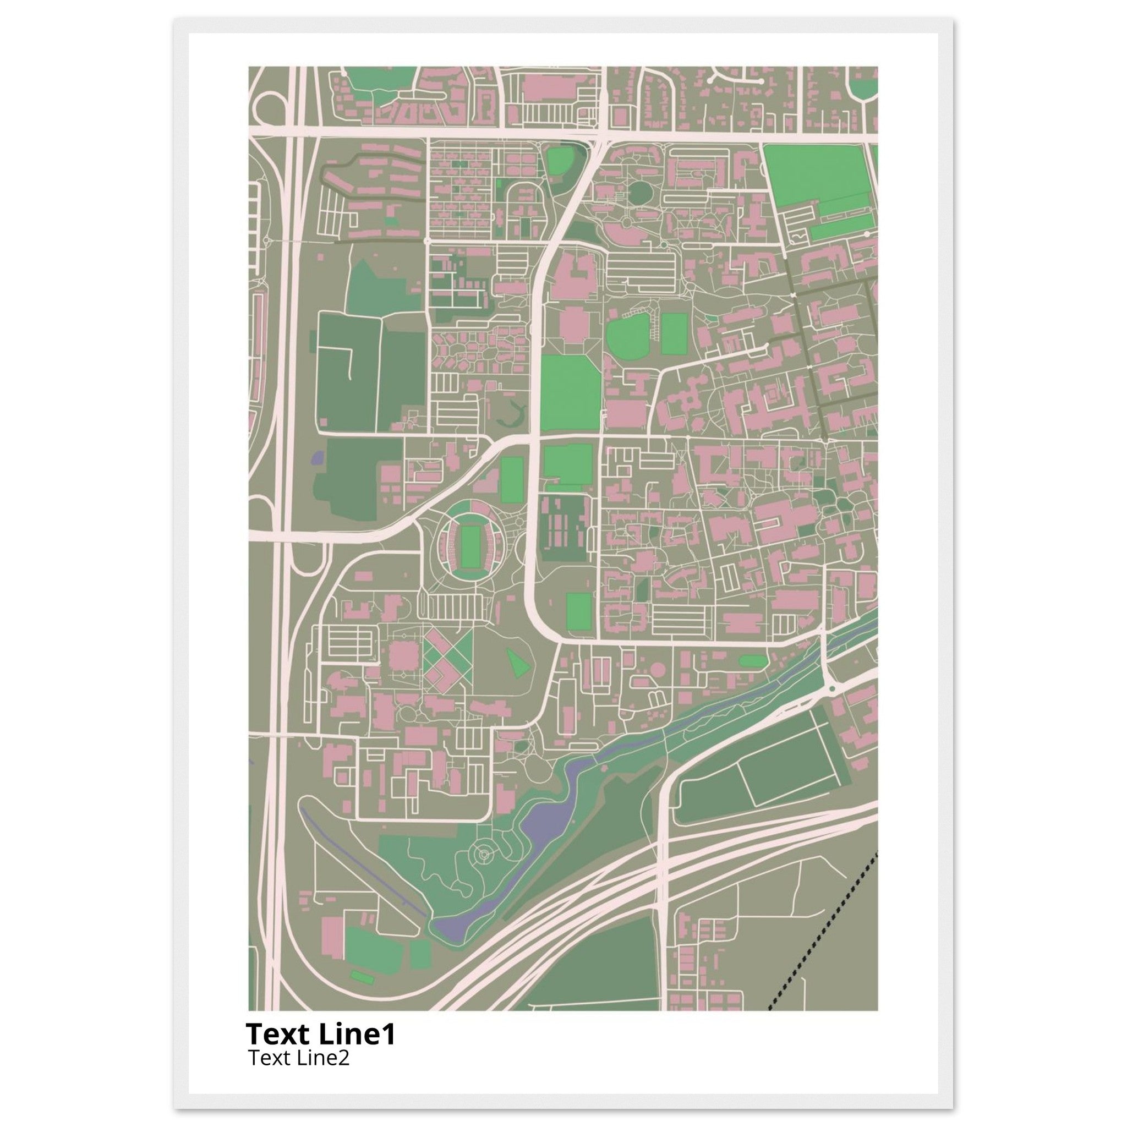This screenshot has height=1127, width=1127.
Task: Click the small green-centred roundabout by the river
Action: coord(833,689)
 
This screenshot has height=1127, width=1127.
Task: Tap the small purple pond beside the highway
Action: coord(318,457)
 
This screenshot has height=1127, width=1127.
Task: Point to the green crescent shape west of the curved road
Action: coord(513,415)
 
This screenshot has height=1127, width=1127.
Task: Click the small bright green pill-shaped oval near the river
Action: coord(752,661)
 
